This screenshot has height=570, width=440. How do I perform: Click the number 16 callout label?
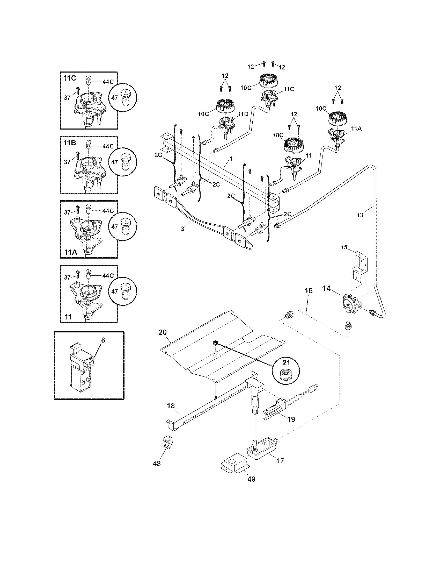click(308, 291)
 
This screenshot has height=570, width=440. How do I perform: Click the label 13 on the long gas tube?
click(360, 215)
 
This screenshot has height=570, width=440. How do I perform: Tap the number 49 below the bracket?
click(251, 479)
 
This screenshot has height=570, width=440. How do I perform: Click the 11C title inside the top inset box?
click(70, 78)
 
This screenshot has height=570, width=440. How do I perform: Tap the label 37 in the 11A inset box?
click(67, 212)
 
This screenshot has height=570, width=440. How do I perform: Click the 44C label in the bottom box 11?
click(108, 276)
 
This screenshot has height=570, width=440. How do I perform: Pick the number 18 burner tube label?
click(171, 406)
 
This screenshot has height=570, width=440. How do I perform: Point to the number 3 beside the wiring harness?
click(182, 229)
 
